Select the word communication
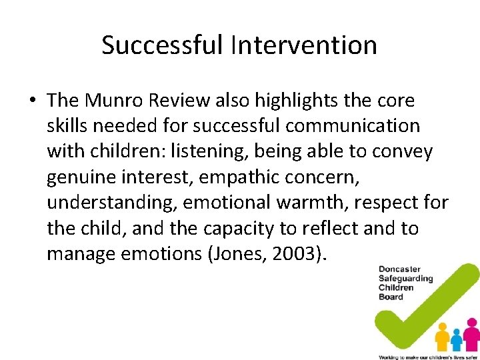click(x=353, y=126)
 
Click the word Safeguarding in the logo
click(x=406, y=279)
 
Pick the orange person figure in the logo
click(x=441, y=337)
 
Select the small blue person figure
click(x=457, y=339)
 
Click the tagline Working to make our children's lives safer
click(x=427, y=357)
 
